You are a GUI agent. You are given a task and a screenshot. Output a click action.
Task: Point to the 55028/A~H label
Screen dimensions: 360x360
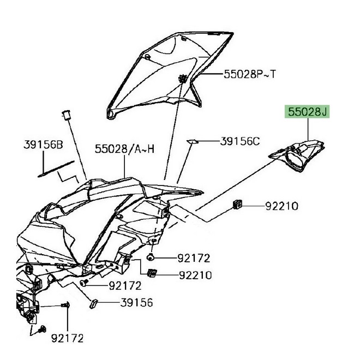pyautogui.click(x=124, y=148)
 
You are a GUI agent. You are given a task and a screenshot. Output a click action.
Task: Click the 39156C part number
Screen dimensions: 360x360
pyautogui.click(x=241, y=141)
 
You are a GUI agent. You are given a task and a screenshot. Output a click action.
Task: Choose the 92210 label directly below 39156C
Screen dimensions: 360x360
pyautogui.click(x=281, y=206)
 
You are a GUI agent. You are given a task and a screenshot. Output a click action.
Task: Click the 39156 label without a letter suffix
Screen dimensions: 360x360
pyautogui.click(x=137, y=302)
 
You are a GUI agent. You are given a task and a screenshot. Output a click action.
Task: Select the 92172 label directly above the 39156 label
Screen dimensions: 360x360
pyautogui.click(x=125, y=285)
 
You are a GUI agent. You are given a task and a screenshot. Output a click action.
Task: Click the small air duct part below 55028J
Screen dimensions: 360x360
pyautogui.click(x=299, y=153)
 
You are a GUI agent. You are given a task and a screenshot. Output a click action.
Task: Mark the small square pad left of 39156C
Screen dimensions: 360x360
pyautogui.click(x=191, y=141)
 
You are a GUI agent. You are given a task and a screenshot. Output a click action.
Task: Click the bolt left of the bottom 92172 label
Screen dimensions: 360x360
pyautogui.click(x=43, y=329)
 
